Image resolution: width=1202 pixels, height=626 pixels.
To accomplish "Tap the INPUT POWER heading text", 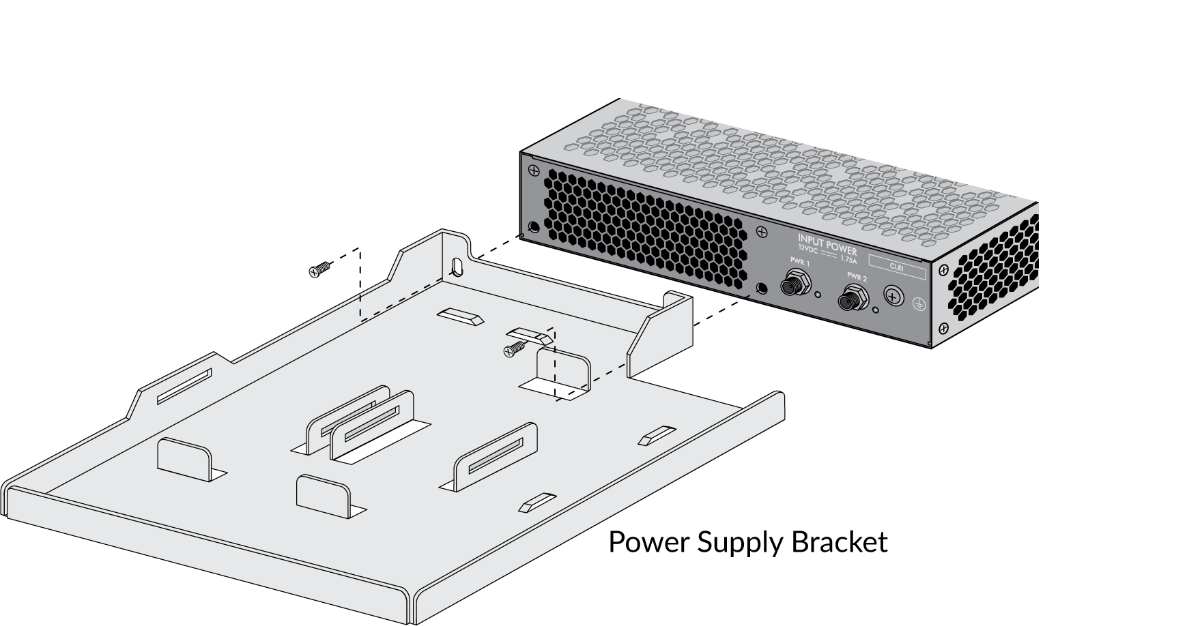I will coord(827,243).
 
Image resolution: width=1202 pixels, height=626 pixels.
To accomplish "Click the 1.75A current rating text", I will coord(848,260).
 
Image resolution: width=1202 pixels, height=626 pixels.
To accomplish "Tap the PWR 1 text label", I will coord(799,263).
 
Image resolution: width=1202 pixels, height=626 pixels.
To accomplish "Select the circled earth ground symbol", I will coord(918,304).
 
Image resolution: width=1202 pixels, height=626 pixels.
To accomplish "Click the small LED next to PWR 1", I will coord(818,295).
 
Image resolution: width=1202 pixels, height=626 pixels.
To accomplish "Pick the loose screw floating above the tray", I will coord(319,270).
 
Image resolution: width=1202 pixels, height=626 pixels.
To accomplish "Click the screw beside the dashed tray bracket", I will coord(514,349).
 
